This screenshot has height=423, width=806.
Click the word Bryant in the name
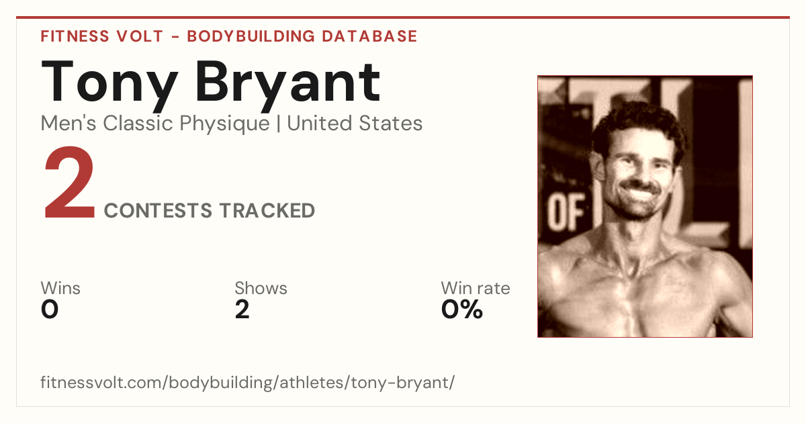[288, 85]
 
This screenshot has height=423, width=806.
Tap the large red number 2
[69, 183]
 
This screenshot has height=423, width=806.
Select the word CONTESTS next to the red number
[158, 210]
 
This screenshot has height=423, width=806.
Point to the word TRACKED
[267, 210]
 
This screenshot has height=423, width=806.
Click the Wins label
[60, 288]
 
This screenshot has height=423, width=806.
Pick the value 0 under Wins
[50, 310]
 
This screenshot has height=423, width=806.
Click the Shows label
[261, 288]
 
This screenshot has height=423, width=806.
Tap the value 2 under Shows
[242, 310]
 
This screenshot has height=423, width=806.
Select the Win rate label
[476, 288]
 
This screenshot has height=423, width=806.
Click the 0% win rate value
[462, 310]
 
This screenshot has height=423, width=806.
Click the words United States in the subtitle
[355, 124]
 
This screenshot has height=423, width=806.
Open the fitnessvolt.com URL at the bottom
[248, 383]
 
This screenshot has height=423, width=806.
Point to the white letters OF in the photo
[566, 211]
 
